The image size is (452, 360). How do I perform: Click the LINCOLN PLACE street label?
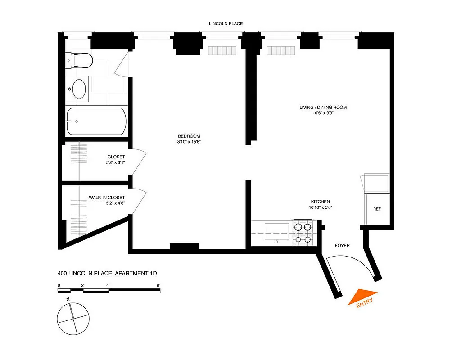click(226, 23)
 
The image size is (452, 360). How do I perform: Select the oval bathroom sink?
click(79, 89)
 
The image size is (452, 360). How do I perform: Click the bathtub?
click(96, 121)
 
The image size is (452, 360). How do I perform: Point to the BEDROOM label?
click(189, 136)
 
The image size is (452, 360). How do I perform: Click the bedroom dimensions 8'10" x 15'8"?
click(189, 143)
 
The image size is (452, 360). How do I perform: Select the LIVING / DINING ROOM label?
click(323, 108)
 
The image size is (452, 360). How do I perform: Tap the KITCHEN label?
click(320, 202)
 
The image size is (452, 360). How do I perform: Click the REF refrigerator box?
click(377, 209)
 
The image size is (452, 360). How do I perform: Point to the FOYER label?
click(342, 246)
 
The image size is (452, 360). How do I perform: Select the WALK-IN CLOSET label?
click(107, 198)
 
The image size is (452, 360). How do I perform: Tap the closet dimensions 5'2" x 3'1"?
click(113, 163)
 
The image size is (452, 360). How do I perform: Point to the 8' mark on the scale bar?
click(158, 285)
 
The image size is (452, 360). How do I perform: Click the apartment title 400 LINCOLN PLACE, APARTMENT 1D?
click(107, 273)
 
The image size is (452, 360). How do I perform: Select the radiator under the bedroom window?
click(222, 50)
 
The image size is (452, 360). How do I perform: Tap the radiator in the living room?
click(280, 50)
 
